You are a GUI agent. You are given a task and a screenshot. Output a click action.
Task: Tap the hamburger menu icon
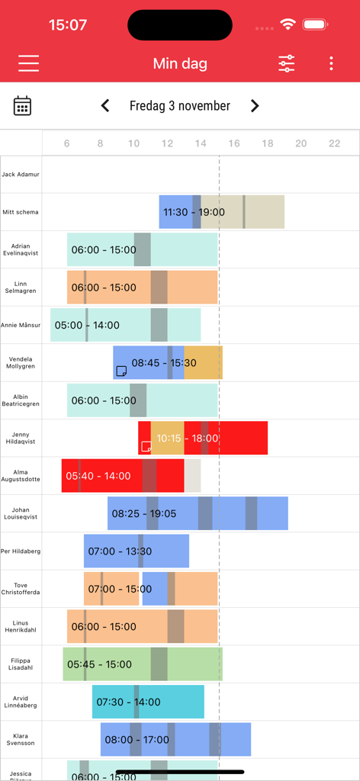tap(29, 63)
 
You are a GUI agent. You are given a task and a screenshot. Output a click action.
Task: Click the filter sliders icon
tap(286, 63)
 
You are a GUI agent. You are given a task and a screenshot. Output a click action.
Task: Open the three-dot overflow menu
tap(331, 63)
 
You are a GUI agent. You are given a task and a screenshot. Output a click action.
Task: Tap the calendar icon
tap(23, 106)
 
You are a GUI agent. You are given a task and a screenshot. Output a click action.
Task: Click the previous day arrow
tap(105, 106)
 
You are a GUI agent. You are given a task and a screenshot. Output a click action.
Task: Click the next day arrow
tap(255, 106)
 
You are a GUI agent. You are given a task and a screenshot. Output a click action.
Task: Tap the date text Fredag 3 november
tap(180, 106)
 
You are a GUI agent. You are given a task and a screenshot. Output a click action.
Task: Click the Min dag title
tap(180, 63)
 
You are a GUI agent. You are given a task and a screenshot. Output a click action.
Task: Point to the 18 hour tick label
tap(267, 143)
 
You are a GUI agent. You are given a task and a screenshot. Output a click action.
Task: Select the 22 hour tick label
tap(334, 143)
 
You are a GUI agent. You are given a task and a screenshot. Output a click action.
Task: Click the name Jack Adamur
tap(21, 175)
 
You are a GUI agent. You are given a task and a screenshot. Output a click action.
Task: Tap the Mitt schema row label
tap(21, 212)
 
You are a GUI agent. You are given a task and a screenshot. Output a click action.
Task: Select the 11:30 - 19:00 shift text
tap(194, 212)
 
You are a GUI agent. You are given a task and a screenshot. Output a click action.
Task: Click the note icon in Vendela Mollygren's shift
tap(121, 371)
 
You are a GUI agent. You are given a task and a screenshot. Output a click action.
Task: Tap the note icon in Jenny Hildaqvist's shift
tap(146, 446)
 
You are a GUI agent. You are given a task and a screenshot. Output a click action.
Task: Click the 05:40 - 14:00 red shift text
tap(98, 476)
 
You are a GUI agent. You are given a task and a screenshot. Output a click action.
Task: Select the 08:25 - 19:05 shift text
tap(143, 513)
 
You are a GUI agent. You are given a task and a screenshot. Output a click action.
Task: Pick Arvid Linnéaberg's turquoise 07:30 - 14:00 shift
tap(148, 702)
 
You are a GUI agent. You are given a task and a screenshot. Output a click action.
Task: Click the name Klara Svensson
tap(21, 739)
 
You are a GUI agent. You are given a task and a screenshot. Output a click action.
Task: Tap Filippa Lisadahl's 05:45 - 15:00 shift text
tap(99, 664)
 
